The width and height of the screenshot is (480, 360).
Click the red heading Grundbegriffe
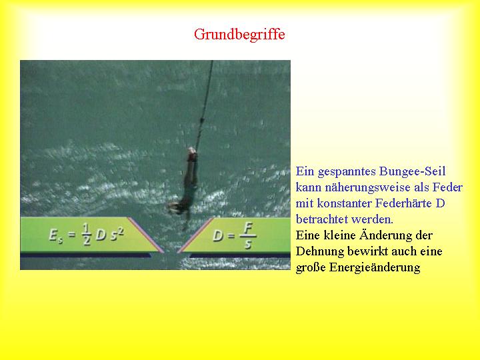pos(239,34)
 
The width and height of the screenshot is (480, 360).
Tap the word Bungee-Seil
pos(412,171)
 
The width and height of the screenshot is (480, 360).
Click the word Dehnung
pos(320,251)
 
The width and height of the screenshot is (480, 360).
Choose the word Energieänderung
pos(375,267)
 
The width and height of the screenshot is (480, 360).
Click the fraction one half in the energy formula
pos(86,235)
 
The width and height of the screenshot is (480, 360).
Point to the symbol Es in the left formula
pos(56,235)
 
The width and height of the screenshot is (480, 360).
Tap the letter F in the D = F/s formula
pos(247,228)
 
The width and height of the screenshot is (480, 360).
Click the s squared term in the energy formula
pos(117,234)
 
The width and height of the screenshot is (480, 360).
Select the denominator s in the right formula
pos(248,244)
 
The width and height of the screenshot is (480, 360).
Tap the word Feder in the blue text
pos(447,187)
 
